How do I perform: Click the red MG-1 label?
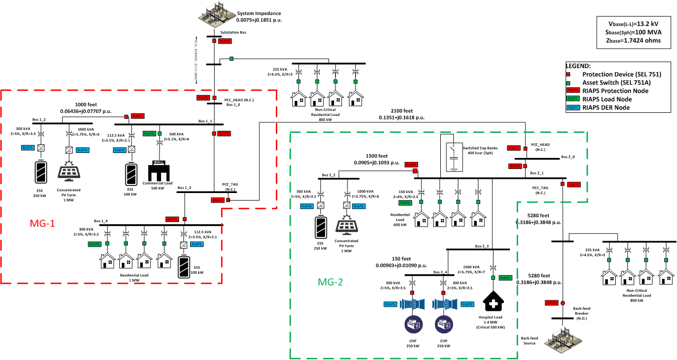[43, 224]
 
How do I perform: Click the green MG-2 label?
[330, 282]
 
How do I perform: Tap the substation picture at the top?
[217, 14]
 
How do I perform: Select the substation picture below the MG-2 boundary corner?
[563, 340]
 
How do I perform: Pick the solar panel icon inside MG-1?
[69, 170]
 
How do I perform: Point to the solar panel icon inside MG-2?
[347, 225]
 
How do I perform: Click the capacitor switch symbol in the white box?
[454, 157]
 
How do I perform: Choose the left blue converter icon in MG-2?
[412, 304]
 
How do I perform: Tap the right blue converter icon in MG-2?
[445, 304]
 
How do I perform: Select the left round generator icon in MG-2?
[414, 324]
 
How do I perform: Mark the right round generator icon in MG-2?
[444, 324]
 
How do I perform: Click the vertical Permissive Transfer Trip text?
[196, 60]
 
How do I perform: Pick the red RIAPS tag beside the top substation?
[225, 41]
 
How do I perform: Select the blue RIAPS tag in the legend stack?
[573, 107]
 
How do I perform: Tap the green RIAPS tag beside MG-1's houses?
[94, 244]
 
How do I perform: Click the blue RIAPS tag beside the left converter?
[390, 304]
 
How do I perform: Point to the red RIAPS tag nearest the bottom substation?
[552, 303]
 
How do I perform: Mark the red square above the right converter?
[443, 293]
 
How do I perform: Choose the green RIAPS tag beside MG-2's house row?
[405, 203]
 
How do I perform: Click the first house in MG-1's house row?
[107, 261]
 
